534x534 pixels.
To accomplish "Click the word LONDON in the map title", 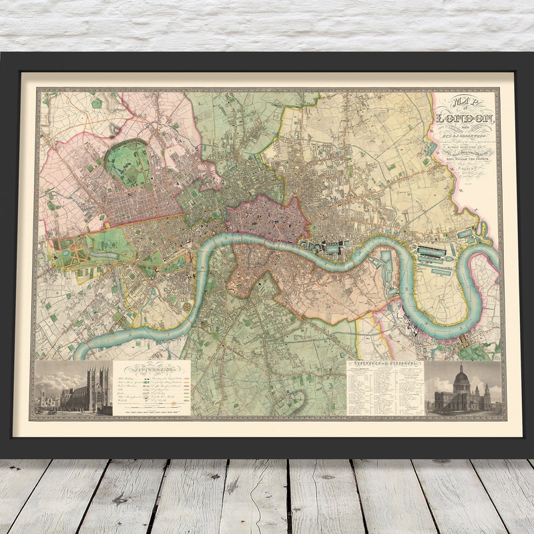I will [465, 119].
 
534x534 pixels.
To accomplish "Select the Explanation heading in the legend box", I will [152, 368].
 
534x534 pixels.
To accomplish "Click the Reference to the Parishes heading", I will [385, 365].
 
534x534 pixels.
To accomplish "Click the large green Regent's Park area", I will [127, 164].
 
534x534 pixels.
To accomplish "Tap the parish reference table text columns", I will [385, 390].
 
